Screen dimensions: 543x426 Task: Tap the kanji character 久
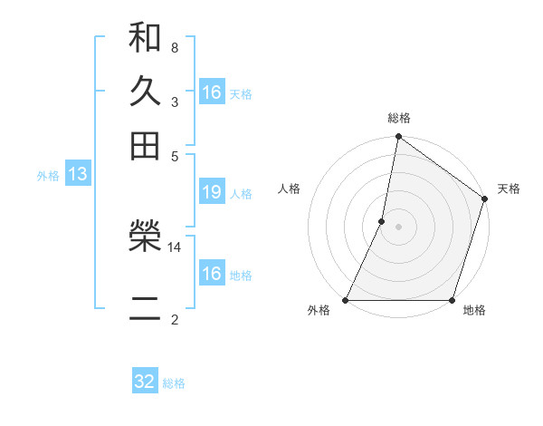145,92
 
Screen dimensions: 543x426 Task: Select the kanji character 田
145,144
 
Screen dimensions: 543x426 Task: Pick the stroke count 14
175,247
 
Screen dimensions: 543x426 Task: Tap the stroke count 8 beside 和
175,46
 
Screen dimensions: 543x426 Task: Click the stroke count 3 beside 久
175,102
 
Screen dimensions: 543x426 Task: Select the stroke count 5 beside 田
175,155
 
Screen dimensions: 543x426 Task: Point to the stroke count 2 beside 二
175,320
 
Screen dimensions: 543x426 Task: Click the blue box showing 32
145,382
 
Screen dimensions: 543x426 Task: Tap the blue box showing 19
212,192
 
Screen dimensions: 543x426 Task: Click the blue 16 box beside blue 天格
212,92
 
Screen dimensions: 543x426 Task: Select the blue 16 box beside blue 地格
212,274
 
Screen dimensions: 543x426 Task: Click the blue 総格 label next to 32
175,383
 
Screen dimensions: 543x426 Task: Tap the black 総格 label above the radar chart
399,118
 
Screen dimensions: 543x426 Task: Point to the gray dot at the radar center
399,227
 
